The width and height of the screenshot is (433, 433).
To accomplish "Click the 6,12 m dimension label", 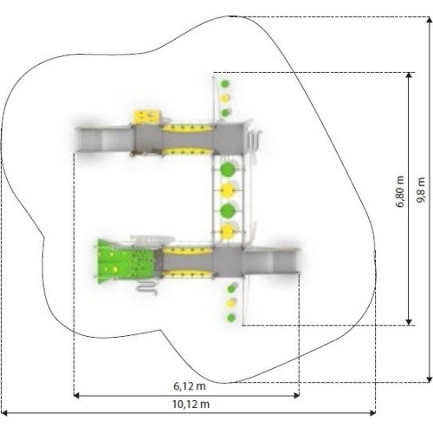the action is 190,386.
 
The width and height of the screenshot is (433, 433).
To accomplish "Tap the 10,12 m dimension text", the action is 191,404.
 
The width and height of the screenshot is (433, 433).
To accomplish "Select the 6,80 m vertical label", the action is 400,191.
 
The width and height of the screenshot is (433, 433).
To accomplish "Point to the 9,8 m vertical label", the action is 422,190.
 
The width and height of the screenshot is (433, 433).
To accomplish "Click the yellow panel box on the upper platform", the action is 146,117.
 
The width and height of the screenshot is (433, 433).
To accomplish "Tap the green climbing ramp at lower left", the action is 126,262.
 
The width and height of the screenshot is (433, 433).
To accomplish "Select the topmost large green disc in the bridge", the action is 228,170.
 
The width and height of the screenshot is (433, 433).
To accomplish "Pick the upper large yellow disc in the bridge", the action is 228,191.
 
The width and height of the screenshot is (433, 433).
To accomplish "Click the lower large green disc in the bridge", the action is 228,211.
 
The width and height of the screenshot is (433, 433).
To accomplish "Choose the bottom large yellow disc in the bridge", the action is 228,231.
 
